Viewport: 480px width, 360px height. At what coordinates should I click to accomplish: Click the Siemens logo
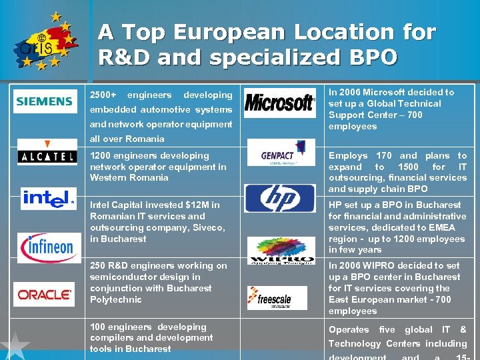pos(44,101)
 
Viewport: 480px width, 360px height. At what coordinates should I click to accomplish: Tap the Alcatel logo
pos(47,153)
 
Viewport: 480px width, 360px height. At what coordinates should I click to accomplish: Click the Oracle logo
pos(45,294)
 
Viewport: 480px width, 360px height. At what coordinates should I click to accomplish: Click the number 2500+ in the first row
pos(103,95)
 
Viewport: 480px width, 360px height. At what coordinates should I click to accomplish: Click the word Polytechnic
pos(116,300)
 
